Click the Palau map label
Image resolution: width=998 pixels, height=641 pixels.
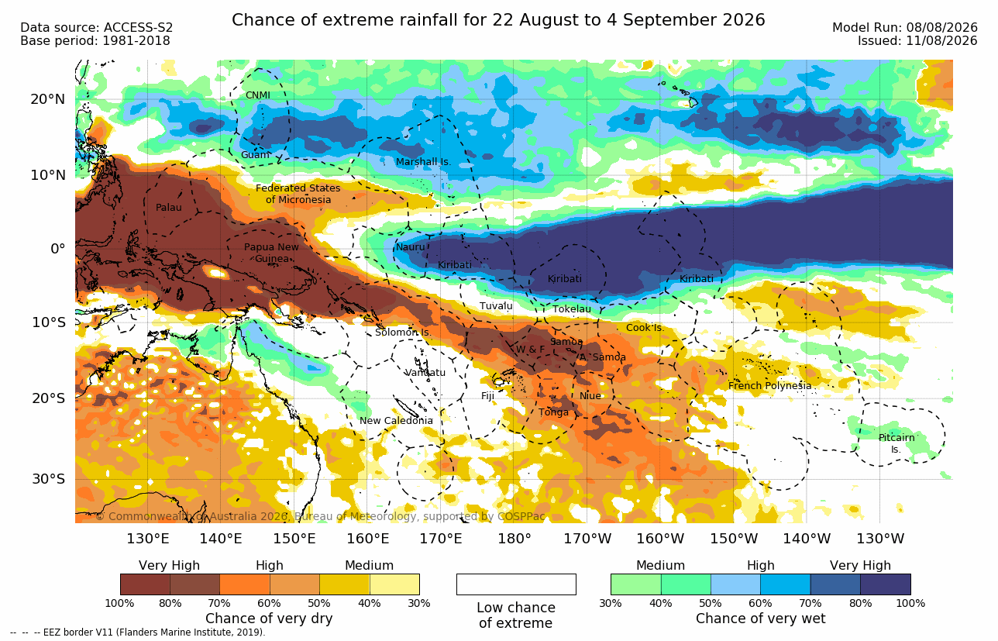pyautogui.click(x=168, y=207)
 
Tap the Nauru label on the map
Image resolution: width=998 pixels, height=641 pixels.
pyautogui.click(x=411, y=247)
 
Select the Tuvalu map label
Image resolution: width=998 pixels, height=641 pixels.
pyautogui.click(x=496, y=306)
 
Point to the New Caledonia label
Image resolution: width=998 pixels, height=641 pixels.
pyautogui.click(x=396, y=420)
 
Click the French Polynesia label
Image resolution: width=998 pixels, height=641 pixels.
pyautogui.click(x=769, y=385)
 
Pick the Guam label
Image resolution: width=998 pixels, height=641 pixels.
pyautogui.click(x=255, y=155)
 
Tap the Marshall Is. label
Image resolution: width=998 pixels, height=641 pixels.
pyautogui.click(x=423, y=162)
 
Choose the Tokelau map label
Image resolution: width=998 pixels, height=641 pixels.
pyautogui.click(x=572, y=309)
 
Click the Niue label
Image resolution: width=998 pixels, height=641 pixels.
pyautogui.click(x=590, y=395)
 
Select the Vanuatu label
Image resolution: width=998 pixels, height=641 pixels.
pyautogui.click(x=425, y=372)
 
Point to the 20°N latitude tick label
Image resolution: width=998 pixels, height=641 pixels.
pyautogui.click(x=48, y=99)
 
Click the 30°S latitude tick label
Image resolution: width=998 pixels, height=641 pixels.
pyautogui.click(x=49, y=479)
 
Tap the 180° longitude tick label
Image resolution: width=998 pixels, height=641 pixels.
pyautogui.click(x=514, y=539)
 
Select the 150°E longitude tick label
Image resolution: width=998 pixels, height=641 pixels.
pyautogui.click(x=294, y=539)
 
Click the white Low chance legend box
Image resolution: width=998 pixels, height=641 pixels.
pyautogui.click(x=516, y=584)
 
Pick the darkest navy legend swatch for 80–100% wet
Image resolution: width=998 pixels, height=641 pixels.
pyautogui.click(x=886, y=584)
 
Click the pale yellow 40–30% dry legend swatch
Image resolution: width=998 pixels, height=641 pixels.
pyautogui.click(x=394, y=584)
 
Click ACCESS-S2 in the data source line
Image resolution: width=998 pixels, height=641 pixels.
pyautogui.click(x=138, y=28)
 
